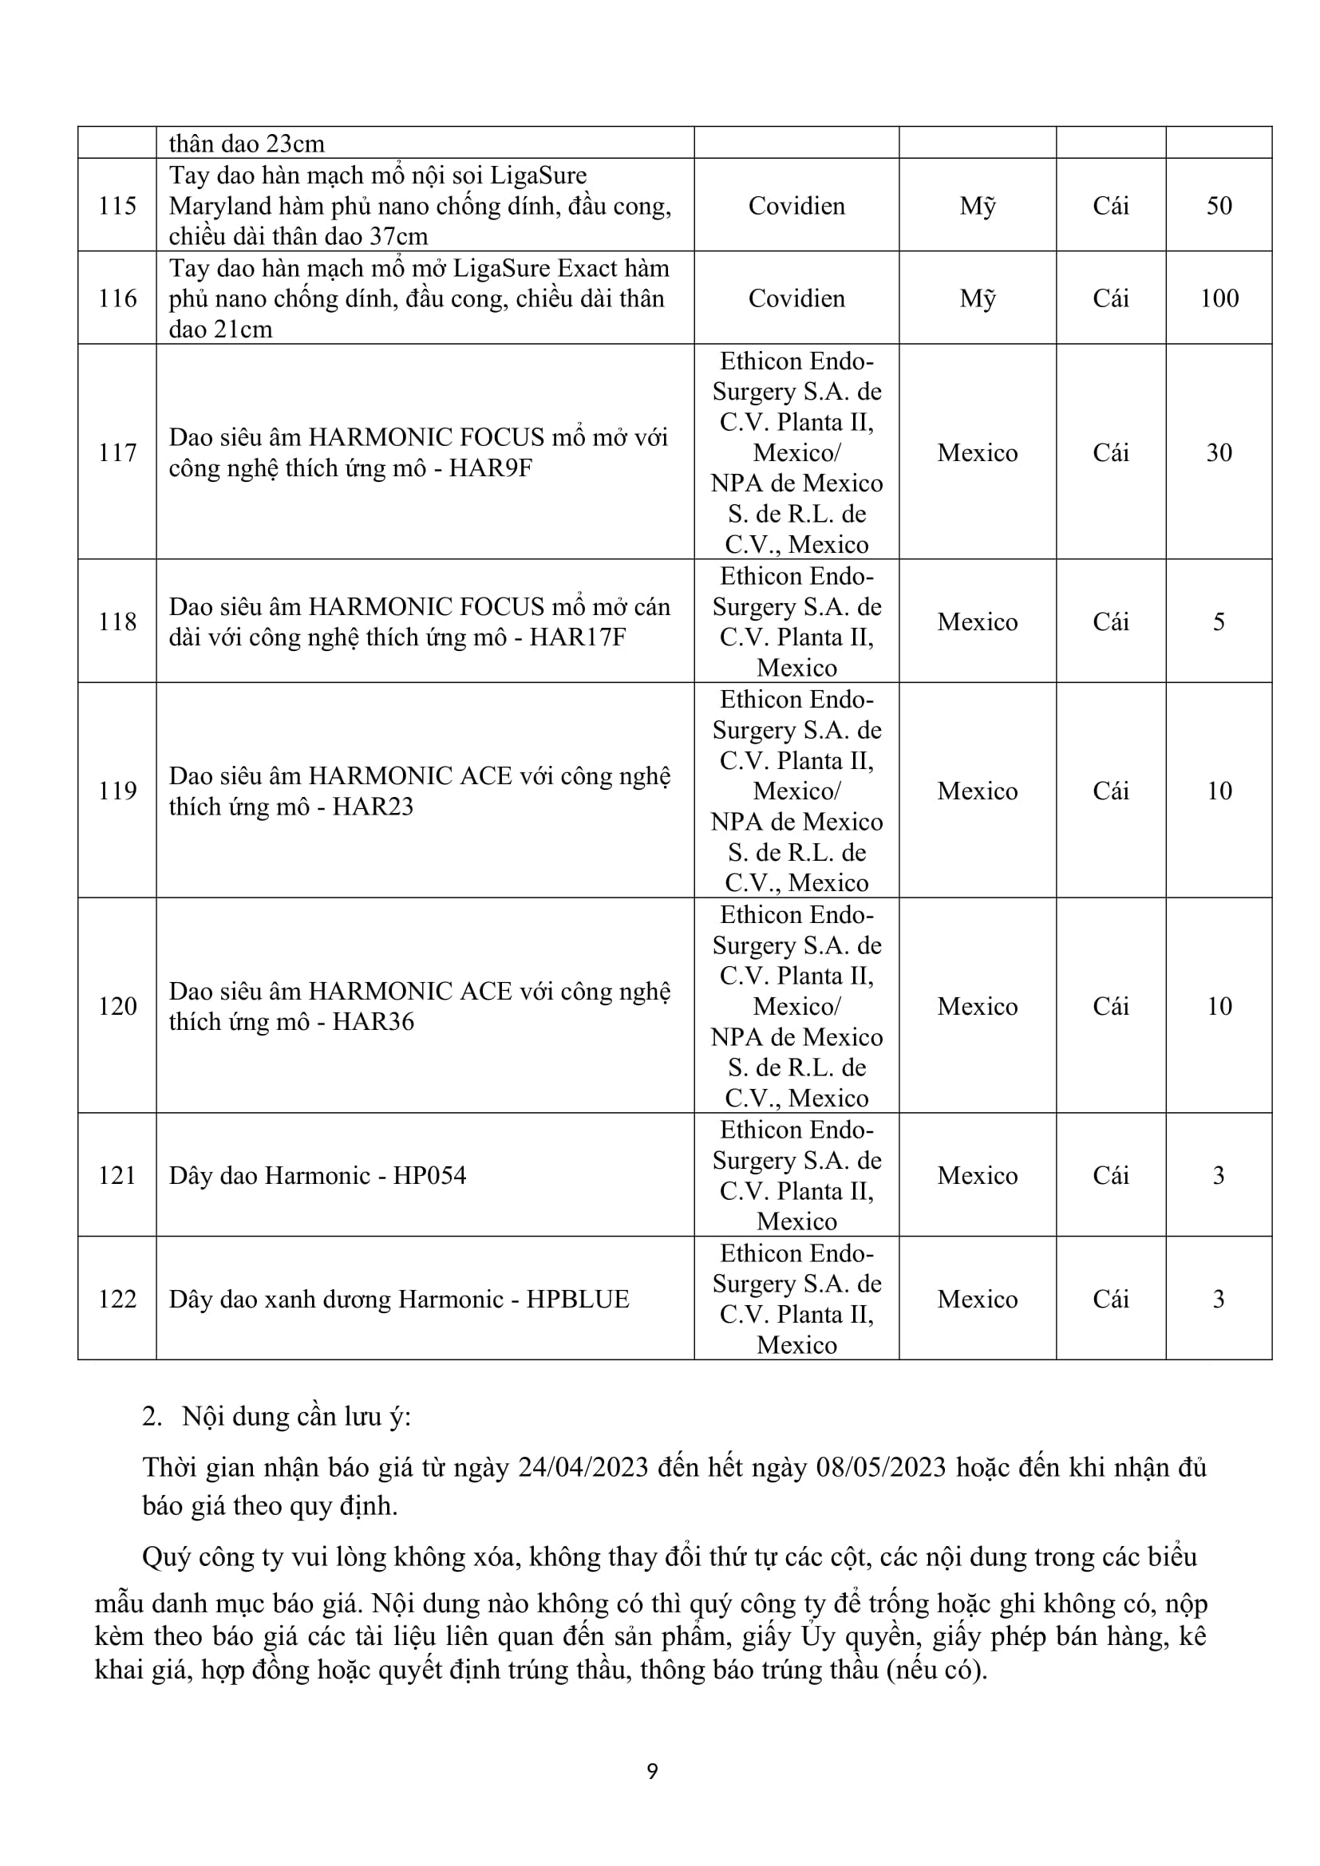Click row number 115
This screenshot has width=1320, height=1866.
[x=117, y=206]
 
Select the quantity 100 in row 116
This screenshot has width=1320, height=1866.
[x=1219, y=298]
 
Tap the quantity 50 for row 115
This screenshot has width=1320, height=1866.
[x=1219, y=206]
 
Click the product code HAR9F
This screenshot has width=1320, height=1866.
[x=490, y=468]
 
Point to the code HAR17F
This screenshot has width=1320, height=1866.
[x=577, y=637]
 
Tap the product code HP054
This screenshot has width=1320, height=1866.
[x=429, y=1175]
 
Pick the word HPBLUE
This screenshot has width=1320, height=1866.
[x=577, y=1299]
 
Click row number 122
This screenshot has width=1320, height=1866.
[x=117, y=1299]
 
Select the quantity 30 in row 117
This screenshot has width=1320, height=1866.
[x=1219, y=452]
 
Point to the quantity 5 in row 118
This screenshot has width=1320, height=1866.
[x=1219, y=621]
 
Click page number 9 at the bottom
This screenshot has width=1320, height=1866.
[x=652, y=1771]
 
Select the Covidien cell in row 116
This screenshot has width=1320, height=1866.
[x=796, y=298]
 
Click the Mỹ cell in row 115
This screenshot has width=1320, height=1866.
[x=977, y=207]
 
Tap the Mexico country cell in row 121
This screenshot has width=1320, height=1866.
[x=977, y=1175]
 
